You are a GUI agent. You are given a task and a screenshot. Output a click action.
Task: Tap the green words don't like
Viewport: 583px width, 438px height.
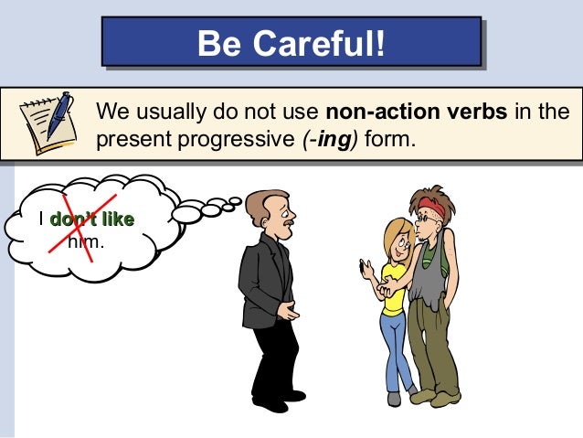pyautogui.click(x=91, y=219)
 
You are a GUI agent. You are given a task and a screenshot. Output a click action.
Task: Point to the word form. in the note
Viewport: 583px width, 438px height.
pyautogui.click(x=392, y=141)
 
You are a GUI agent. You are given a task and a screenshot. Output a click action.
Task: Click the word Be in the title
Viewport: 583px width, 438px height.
pyautogui.click(x=221, y=43)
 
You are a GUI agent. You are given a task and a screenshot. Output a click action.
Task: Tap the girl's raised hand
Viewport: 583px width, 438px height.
pyautogui.click(x=366, y=268)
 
